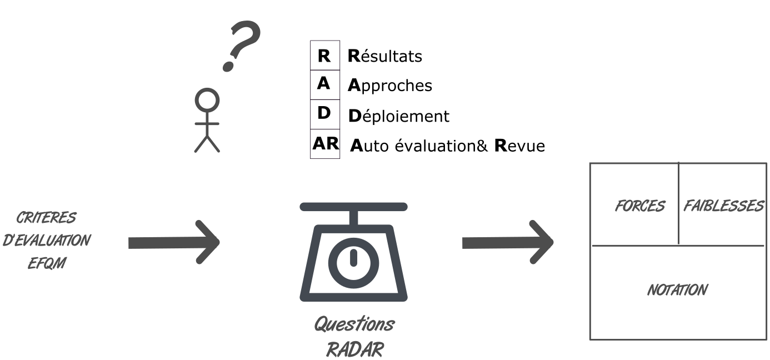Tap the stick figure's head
point(207,100)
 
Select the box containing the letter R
point(325,56)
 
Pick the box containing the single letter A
point(325,85)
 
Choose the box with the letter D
point(325,114)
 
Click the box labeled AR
point(325,144)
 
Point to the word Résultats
point(385,56)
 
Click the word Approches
point(390,86)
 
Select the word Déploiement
point(399,116)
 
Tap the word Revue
point(520,146)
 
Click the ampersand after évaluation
point(482,146)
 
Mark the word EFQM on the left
point(47,263)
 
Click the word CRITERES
point(47,217)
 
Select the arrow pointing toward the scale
point(174,242)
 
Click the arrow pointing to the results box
point(508,242)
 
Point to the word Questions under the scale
point(354,324)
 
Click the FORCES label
point(640,206)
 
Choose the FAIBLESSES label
point(723,206)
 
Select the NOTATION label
point(678,290)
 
